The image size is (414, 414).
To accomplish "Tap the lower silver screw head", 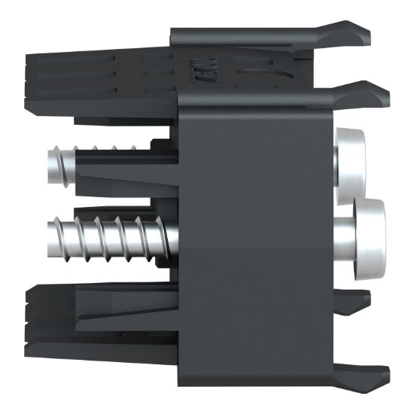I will (370, 237).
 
